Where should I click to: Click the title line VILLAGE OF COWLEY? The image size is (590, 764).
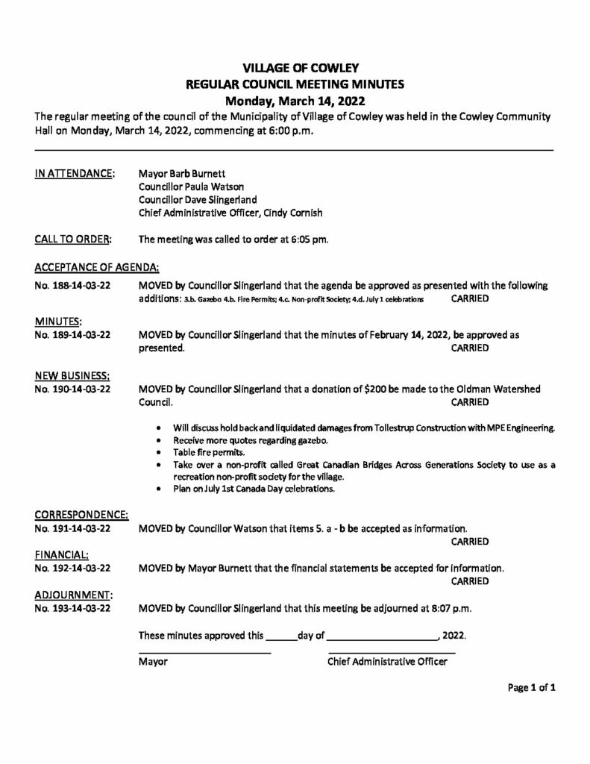[295, 69]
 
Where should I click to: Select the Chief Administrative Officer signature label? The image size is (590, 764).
[387, 662]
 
